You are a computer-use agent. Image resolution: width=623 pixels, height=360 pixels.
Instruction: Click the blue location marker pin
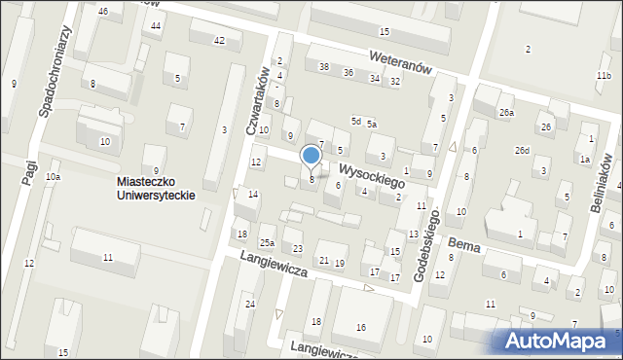pyautogui.click(x=311, y=157)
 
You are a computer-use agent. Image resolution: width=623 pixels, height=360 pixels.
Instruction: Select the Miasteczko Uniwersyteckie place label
pyautogui.click(x=156, y=188)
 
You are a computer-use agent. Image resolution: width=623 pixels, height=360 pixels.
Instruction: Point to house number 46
pyautogui.click(x=102, y=11)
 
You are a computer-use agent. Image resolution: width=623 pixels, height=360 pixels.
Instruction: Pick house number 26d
pyautogui.click(x=523, y=150)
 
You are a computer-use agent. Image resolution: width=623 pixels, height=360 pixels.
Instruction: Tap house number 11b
pyautogui.click(x=604, y=75)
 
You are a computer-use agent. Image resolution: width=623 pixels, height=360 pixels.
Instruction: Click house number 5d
pyautogui.click(x=356, y=122)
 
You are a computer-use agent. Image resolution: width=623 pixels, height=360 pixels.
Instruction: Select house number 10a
pyautogui.click(x=53, y=176)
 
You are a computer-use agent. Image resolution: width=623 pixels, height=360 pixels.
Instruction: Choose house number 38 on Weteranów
pyautogui.click(x=323, y=66)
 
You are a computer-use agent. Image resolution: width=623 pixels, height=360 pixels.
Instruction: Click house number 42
pyautogui.click(x=219, y=40)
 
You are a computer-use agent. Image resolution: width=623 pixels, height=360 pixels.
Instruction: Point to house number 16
pyautogui.click(x=360, y=327)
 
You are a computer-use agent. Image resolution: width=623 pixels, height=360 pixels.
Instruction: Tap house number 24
pyautogui.click(x=250, y=305)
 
